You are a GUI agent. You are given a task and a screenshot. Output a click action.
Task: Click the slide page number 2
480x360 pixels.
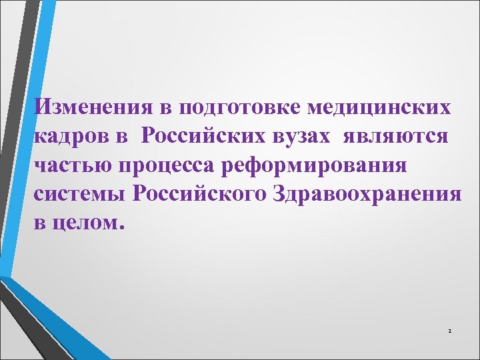[449, 331]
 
